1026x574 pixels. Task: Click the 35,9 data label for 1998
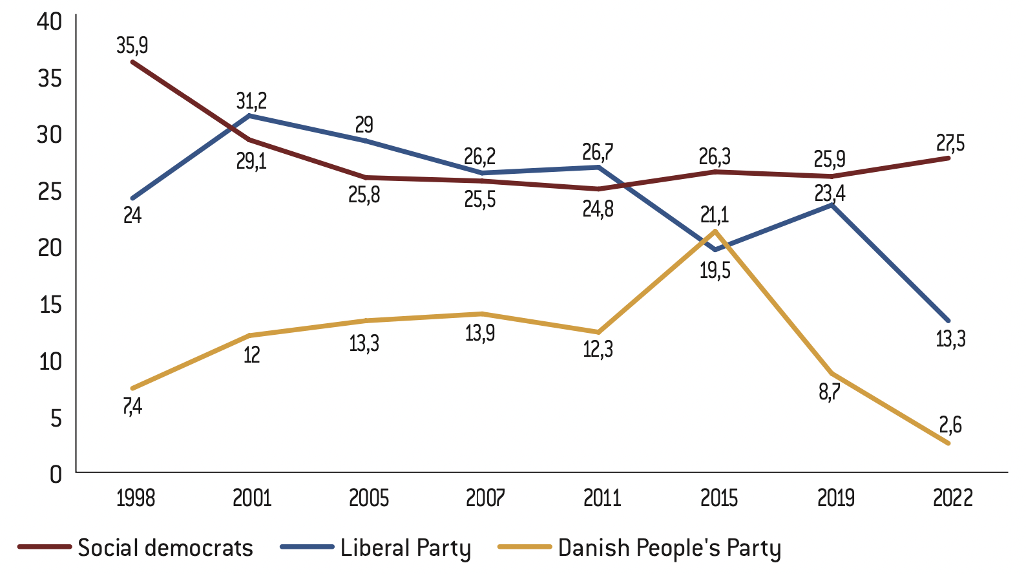pos(132,46)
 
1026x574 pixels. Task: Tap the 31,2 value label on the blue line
pos(251,101)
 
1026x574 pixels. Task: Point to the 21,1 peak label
pos(715,215)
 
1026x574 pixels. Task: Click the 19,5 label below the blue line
pos(715,271)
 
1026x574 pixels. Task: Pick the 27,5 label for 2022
pos(950,143)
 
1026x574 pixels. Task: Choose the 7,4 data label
pos(132,407)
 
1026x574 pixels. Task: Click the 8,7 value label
pos(830,393)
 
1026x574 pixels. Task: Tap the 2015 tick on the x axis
pos(719,498)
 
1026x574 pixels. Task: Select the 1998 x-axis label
pos(136,498)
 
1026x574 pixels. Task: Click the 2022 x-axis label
pos(953,498)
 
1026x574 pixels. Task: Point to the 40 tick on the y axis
pos(50,21)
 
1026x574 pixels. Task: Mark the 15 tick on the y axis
pos(50,304)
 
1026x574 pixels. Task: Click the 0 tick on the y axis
pos(56,474)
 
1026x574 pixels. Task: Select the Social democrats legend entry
pos(136,547)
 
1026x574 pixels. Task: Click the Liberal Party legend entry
pos(375,548)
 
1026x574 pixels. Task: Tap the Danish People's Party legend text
pos(669,548)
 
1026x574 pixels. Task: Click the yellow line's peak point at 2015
pos(715,231)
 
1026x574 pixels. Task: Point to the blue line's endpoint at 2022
pos(948,321)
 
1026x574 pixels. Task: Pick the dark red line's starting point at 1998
pos(132,62)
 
